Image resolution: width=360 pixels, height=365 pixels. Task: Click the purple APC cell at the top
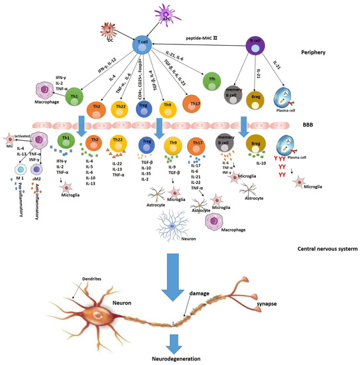[164, 11]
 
